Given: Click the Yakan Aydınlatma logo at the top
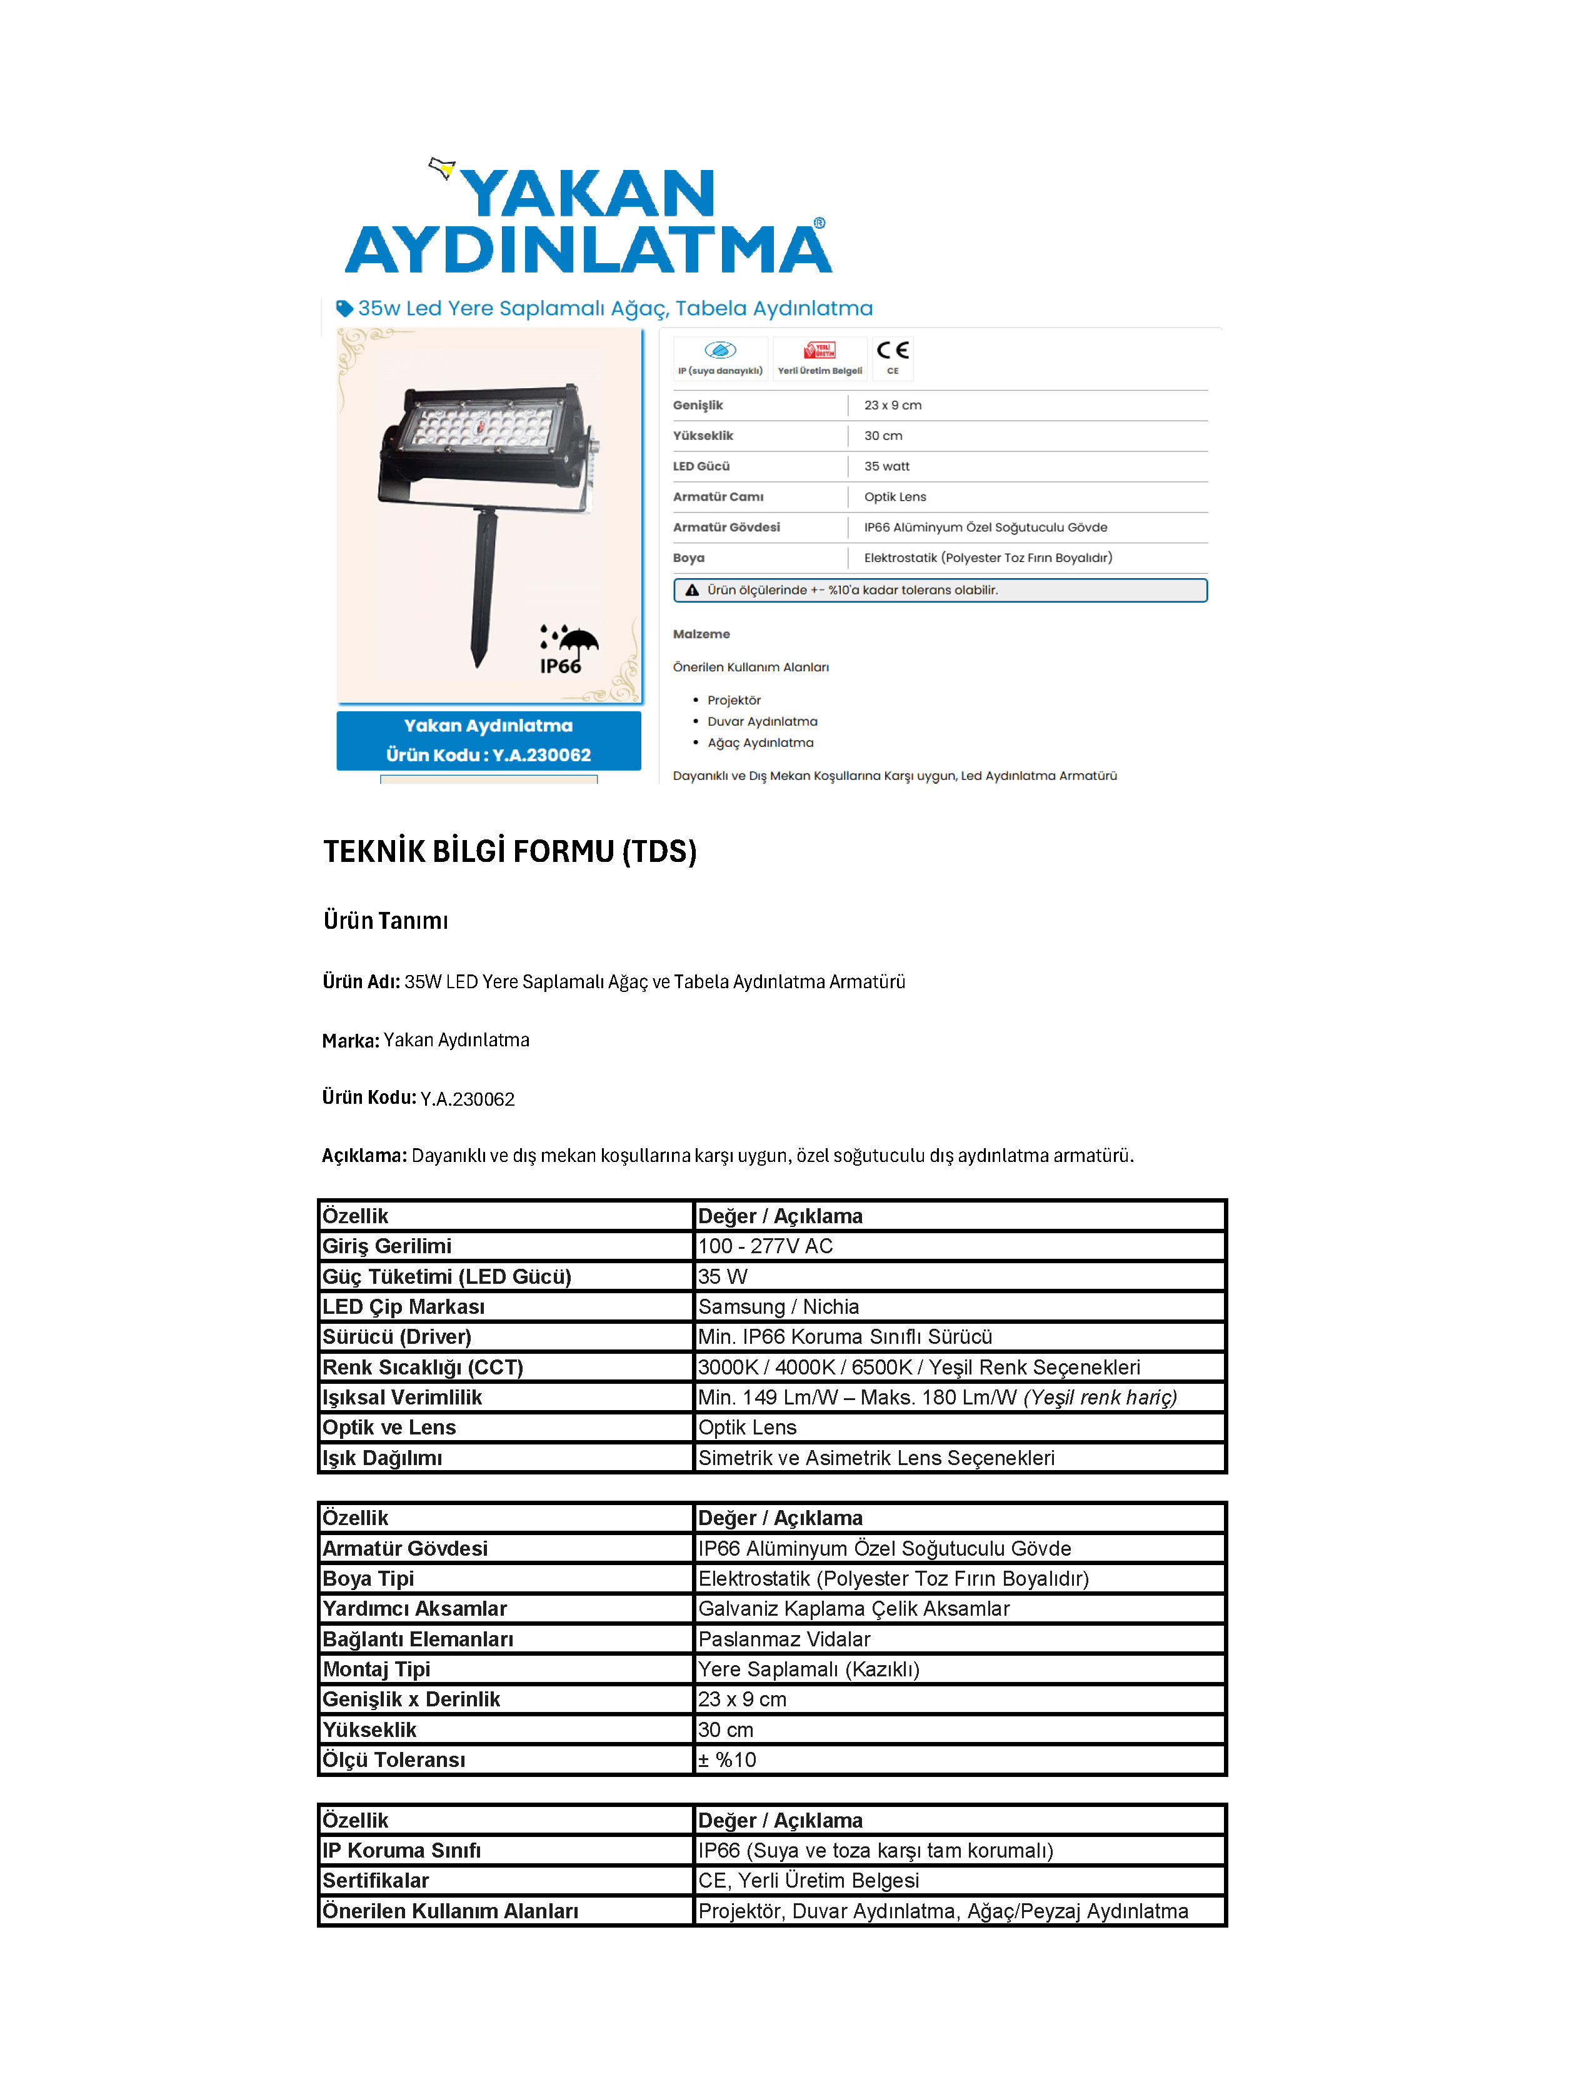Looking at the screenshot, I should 588,220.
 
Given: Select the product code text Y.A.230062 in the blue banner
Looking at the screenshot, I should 541,755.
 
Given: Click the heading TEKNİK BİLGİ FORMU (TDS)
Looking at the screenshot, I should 509,851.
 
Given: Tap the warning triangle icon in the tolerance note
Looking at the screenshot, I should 693,590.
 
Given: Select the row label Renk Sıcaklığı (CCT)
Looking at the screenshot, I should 422,1368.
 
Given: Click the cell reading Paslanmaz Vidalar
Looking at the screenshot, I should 784,1639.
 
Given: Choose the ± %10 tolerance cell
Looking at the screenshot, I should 727,1760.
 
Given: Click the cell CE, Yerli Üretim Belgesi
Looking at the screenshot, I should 808,1881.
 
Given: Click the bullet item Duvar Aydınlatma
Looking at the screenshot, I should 762,721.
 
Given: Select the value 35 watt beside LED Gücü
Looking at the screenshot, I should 886,466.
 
